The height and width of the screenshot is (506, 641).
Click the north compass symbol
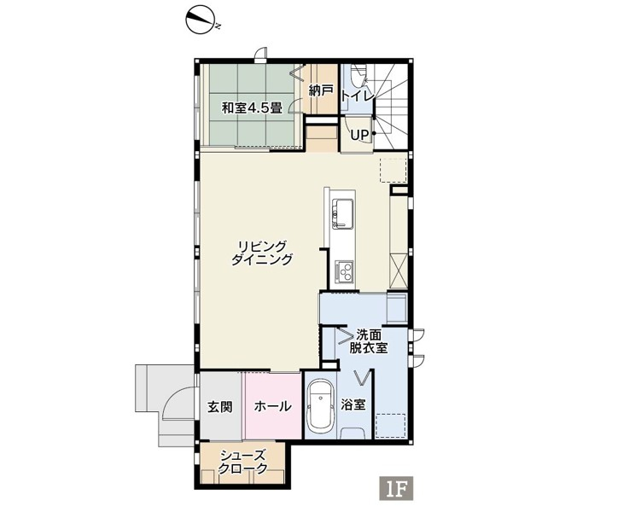coord(200,20)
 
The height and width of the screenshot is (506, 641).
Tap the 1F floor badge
coord(397,488)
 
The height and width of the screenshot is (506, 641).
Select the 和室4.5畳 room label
coord(252,108)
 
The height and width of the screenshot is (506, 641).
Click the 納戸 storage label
coord(321,90)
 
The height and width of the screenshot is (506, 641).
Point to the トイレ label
coord(357,96)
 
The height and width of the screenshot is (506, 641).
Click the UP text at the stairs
coord(359,135)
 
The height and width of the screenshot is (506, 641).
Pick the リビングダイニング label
coord(262,253)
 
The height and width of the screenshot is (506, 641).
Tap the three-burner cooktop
coord(344,271)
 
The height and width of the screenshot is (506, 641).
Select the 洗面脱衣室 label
coord(369,341)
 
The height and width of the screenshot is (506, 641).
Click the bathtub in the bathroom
coord(320,409)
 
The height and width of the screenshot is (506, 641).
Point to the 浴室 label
coord(353,405)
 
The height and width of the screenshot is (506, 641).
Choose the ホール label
coord(272,406)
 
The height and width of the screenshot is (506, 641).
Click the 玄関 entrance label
coord(220,407)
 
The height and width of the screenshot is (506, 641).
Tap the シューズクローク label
coord(242,462)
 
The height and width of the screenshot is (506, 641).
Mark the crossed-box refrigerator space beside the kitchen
coord(399,270)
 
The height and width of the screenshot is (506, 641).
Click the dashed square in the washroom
coord(391,426)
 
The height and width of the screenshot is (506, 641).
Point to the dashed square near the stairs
coord(393,170)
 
